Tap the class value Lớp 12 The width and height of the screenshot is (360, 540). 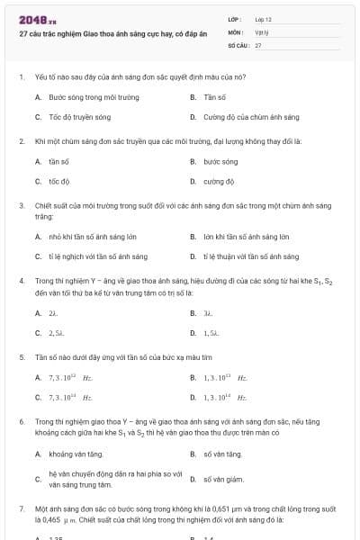[x=263, y=19]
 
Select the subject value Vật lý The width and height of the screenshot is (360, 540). [x=261, y=31]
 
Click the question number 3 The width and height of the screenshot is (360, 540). [x=21, y=205]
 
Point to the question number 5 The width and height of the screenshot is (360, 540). [x=21, y=356]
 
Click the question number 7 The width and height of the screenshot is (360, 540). [x=21, y=508]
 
